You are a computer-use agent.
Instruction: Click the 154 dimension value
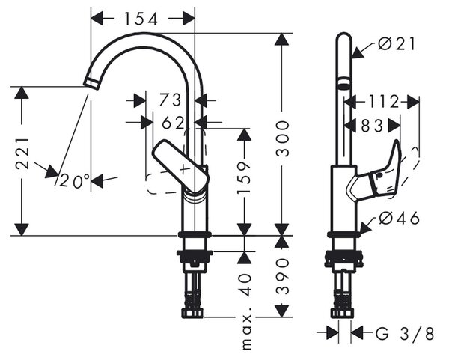coord(141,19)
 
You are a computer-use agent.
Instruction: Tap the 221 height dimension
coord(22,153)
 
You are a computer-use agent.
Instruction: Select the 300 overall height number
coord(282,138)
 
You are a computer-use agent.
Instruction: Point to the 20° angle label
coord(74,180)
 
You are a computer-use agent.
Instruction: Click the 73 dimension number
coord(170,100)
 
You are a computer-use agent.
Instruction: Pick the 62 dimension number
coord(173,123)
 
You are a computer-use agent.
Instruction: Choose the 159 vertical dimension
coord(244,177)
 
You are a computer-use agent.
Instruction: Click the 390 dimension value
coord(282,276)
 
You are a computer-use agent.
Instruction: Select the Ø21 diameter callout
coord(396,44)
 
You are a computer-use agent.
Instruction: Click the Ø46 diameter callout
coord(399,219)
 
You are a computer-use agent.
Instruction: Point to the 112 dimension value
coord(383,101)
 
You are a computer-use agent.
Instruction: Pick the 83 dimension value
coord(372,126)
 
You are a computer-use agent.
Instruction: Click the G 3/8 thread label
coord(405,334)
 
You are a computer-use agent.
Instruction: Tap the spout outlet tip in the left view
coord(91,84)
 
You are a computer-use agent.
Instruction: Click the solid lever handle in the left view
coord(180,166)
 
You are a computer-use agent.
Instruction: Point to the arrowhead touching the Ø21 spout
coord(358,52)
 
